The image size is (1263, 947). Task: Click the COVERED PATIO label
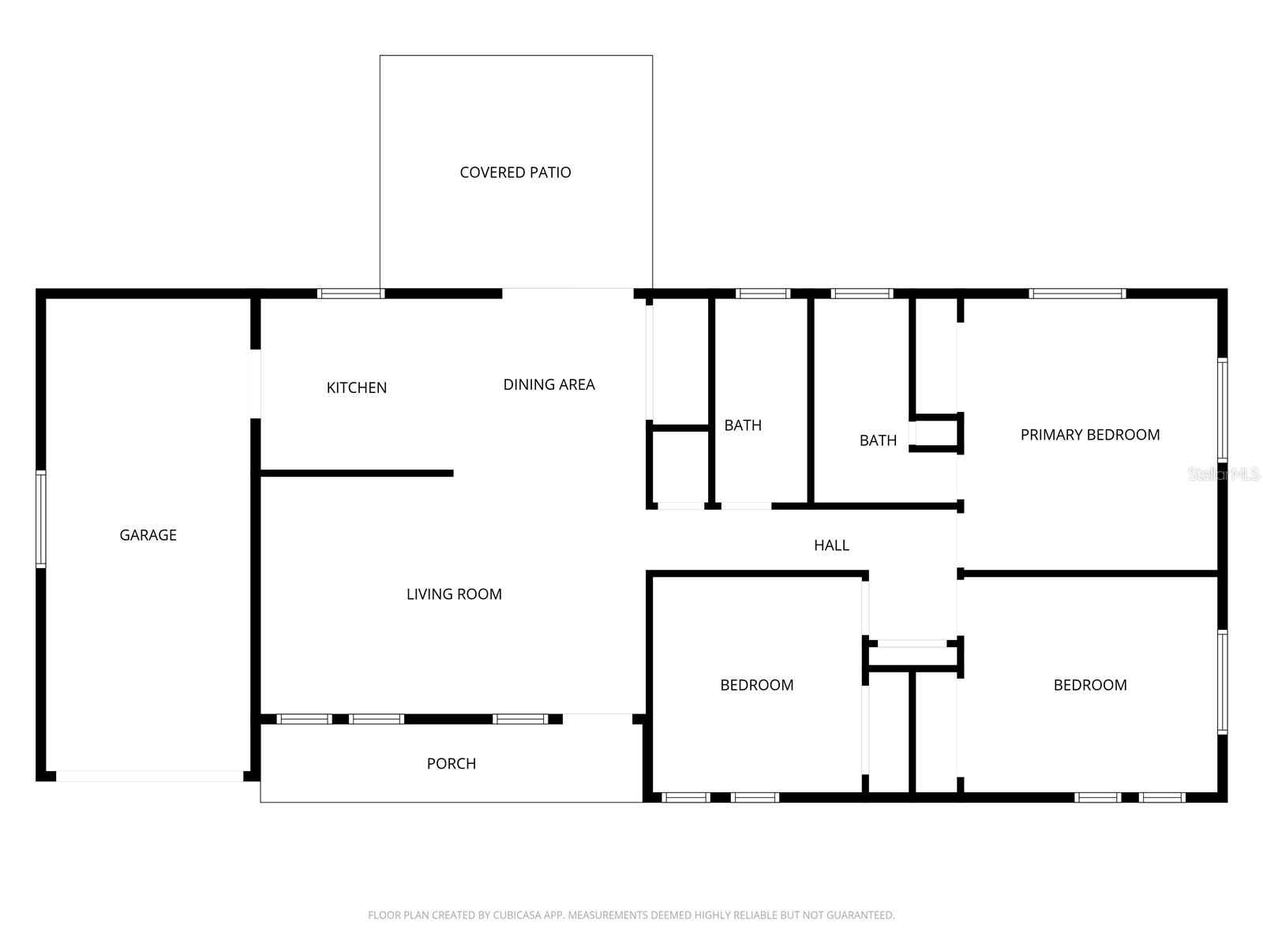515,172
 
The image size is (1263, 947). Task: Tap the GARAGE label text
148,535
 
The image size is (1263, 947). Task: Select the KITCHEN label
356,387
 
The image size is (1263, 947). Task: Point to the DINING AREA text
549,384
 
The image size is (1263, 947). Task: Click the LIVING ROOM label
454,594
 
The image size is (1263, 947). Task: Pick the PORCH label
451,764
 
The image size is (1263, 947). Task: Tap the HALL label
831,545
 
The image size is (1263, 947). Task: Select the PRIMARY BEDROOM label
1089,435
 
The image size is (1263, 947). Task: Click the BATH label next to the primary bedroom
878,440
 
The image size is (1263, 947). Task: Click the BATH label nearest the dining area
743,425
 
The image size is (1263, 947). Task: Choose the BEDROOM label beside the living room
756,685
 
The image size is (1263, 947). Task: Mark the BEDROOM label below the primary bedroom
1089,685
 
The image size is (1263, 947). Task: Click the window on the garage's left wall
41,518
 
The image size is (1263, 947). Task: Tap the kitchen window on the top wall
350,294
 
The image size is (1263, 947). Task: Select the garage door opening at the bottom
149,777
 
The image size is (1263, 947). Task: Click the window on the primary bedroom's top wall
1077,294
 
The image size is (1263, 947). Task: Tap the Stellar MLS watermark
1224,474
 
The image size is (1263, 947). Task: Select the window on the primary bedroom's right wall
1222,410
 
